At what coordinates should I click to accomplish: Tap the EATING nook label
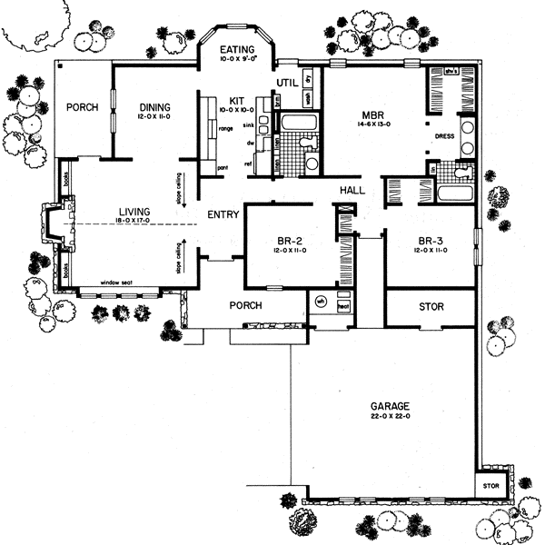[236, 51]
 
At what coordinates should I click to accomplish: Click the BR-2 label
[291, 242]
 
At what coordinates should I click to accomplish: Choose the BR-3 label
[430, 242]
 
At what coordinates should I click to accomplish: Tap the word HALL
[352, 191]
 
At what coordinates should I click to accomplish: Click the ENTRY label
[223, 215]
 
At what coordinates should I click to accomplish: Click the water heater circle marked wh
[320, 303]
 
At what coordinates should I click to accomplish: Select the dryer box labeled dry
[308, 79]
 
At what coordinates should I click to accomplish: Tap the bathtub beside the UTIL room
[295, 123]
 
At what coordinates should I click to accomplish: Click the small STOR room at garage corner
[490, 486]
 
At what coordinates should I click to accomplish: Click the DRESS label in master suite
[444, 137]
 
